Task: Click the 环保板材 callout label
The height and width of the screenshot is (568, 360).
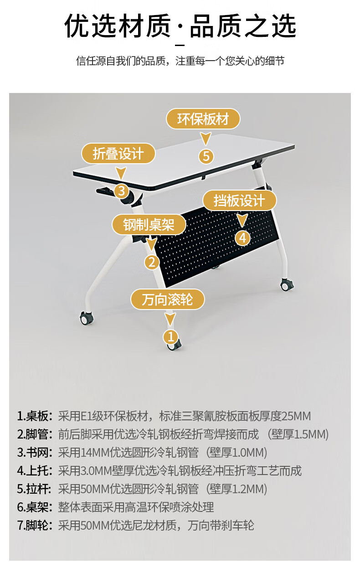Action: [x=202, y=119]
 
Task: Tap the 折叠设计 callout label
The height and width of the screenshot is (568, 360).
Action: [x=118, y=154]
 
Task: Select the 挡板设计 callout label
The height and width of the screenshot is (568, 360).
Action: [x=239, y=201]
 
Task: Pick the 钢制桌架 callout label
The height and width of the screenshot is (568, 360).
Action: [x=149, y=225]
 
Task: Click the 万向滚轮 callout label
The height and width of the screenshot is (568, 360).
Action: [x=168, y=299]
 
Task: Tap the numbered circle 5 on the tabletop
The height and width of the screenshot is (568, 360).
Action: [x=206, y=156]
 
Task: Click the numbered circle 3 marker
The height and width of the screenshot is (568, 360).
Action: [x=121, y=191]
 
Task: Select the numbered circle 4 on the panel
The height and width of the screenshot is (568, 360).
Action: [x=242, y=238]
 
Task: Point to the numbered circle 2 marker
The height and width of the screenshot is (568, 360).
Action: [x=152, y=262]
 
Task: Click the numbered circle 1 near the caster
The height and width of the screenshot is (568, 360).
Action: [x=170, y=336]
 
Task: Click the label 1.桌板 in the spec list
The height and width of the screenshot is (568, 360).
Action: [x=35, y=416]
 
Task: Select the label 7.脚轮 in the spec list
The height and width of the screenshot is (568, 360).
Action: [x=35, y=526]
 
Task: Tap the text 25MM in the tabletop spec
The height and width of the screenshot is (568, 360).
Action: [x=296, y=416]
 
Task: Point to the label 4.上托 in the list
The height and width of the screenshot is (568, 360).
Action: [x=35, y=471]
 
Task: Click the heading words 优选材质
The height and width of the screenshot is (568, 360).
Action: [x=118, y=26]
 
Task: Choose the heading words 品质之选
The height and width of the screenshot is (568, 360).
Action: [x=243, y=26]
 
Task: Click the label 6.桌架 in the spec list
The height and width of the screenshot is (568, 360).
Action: [x=35, y=507]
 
